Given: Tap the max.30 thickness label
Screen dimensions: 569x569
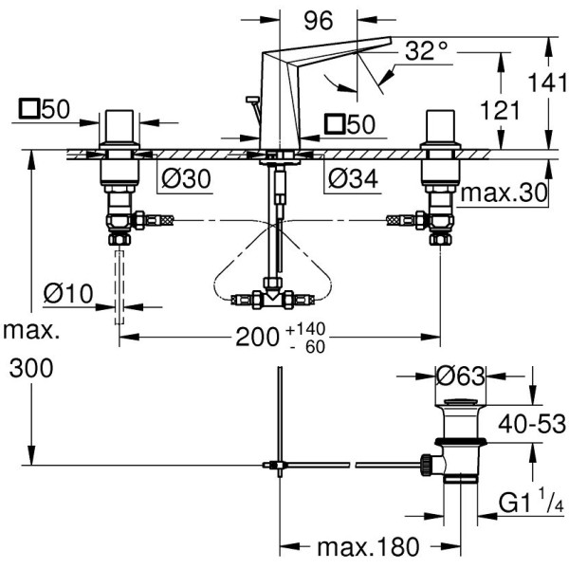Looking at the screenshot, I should (505, 193).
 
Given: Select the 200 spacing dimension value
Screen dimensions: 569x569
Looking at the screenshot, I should (258, 336).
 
